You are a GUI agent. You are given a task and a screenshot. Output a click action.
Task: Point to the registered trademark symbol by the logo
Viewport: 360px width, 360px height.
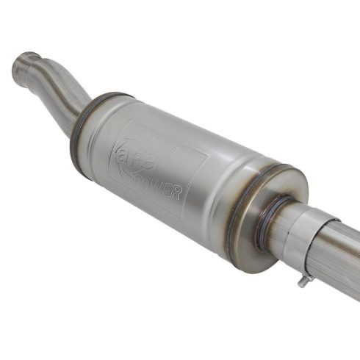click(x=172, y=150)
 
